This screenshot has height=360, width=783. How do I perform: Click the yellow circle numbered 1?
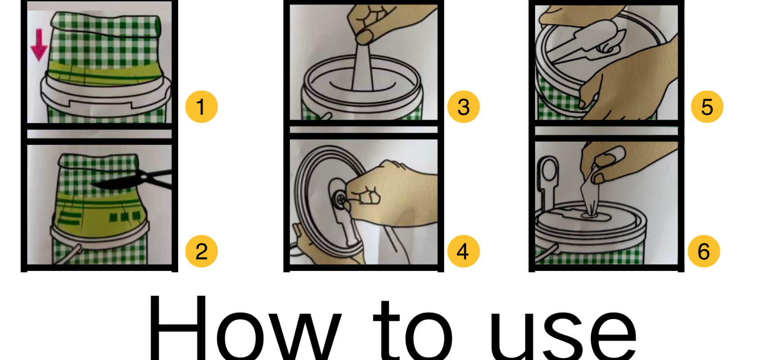(x=201, y=107)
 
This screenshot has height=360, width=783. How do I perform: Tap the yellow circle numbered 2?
(x=201, y=251)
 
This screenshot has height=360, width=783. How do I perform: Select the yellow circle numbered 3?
(x=463, y=107)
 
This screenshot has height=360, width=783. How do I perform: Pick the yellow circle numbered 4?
(x=463, y=251)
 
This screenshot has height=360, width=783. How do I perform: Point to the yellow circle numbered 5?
(x=707, y=107)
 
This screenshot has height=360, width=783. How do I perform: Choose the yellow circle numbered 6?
(x=704, y=251)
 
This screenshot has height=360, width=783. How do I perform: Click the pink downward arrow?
(x=39, y=45)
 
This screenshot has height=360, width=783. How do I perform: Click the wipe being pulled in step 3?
(x=364, y=66)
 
